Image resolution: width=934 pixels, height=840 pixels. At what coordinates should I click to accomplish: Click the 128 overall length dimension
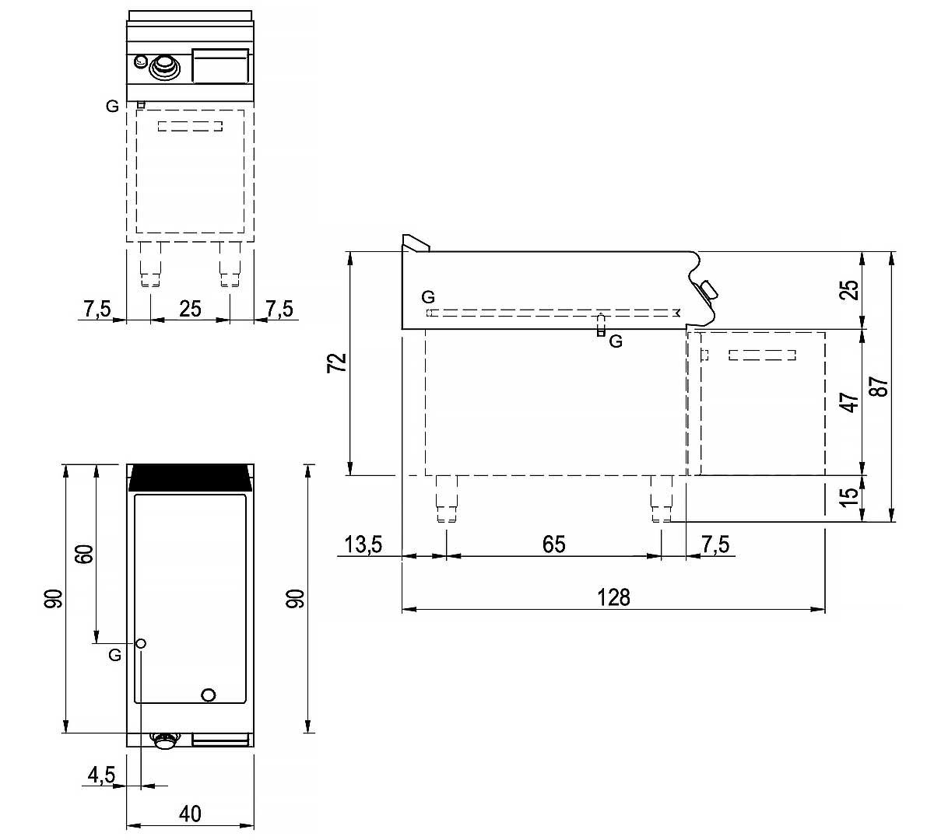(x=613, y=597)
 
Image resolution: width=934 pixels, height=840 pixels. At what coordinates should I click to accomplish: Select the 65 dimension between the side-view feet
(x=553, y=544)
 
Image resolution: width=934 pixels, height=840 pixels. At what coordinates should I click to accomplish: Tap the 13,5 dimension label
(x=363, y=544)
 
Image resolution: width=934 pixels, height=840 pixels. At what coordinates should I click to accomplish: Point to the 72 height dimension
(x=336, y=363)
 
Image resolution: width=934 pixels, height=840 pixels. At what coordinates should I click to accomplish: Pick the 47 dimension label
(x=851, y=401)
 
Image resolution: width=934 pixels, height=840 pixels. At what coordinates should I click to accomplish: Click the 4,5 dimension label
(x=101, y=775)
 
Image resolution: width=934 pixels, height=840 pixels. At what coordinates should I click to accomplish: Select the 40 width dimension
(x=190, y=814)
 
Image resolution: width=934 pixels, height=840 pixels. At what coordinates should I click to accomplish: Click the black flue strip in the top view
(x=191, y=478)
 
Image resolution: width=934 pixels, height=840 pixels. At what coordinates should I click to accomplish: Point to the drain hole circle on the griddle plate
(x=208, y=695)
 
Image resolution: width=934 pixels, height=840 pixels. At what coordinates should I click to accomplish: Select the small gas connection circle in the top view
(x=142, y=643)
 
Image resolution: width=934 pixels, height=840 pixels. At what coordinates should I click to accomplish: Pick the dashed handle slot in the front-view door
(x=191, y=126)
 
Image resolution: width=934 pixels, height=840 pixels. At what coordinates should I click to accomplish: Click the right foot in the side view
(x=661, y=499)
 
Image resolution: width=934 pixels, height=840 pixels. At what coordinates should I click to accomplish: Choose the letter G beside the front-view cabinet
(x=113, y=107)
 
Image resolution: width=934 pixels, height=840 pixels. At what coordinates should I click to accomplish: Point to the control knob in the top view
(x=164, y=740)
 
